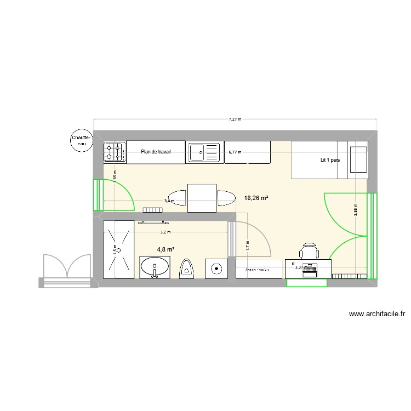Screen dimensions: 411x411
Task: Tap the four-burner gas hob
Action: pyautogui.click(x=115, y=152)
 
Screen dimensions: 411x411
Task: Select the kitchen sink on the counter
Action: pyautogui.click(x=204, y=152)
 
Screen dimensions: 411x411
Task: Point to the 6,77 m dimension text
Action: pyautogui.click(x=235, y=152)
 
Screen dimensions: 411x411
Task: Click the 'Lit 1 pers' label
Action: pyautogui.click(x=330, y=161)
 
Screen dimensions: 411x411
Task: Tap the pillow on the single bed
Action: pyautogui.click(x=358, y=159)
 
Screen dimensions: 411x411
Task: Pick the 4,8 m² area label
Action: pyautogui.click(x=165, y=249)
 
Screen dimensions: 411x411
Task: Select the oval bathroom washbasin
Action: pyautogui.click(x=155, y=268)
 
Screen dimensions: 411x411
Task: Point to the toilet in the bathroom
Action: pyautogui.click(x=187, y=269)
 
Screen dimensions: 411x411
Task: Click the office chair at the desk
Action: pyautogui.click(x=309, y=251)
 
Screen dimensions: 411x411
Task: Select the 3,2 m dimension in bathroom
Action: pyautogui.click(x=165, y=232)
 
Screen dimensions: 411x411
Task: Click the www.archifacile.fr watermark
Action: pyautogui.click(x=376, y=314)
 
